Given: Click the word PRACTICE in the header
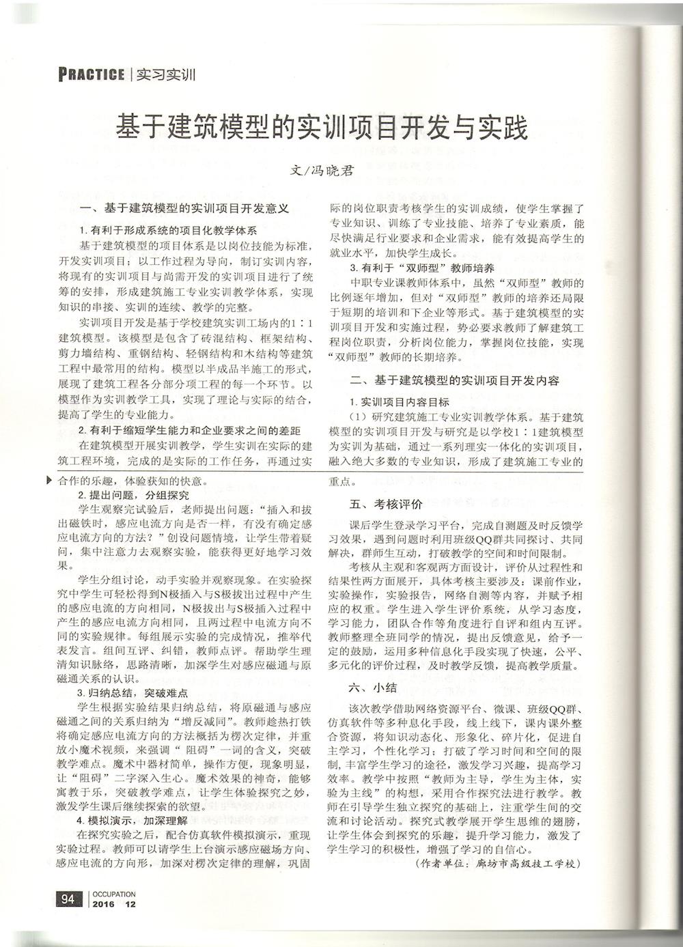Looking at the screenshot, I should pyautogui.click(x=92, y=74).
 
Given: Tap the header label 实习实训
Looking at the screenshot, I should pyautogui.click(x=167, y=74).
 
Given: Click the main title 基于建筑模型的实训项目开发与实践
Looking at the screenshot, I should pyautogui.click(x=322, y=128).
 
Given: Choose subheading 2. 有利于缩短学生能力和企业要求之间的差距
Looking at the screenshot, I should pyautogui.click(x=189, y=430).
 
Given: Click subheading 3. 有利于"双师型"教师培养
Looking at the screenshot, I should pyautogui.click(x=421, y=268).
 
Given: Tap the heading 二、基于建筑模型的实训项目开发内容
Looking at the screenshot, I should pyautogui.click(x=454, y=380).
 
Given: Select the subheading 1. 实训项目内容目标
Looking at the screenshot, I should pyautogui.click(x=400, y=401).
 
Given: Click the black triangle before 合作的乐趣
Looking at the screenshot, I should pyautogui.click(x=48, y=480).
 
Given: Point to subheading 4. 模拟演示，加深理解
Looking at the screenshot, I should pyautogui.click(x=133, y=821).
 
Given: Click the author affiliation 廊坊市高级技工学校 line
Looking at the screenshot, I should pyautogui.click(x=497, y=864).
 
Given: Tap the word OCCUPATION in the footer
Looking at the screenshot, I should pyautogui.click(x=114, y=894).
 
